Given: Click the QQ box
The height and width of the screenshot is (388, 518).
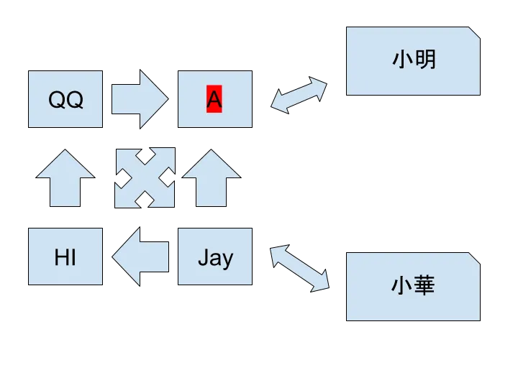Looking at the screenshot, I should (x=65, y=100).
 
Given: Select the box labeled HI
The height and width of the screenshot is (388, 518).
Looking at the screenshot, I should (x=65, y=257).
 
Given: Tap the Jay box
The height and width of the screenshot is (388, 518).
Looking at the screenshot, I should (x=215, y=257).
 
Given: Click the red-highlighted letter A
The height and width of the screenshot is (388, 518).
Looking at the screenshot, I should (x=214, y=99).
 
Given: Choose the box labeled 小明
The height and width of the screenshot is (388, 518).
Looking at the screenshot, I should (x=414, y=60).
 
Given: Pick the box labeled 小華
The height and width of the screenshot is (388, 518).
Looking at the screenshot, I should (x=414, y=287).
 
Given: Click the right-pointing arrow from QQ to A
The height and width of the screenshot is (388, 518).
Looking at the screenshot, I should (x=139, y=99).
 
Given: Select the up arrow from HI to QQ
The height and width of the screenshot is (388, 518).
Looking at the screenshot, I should (x=65, y=178).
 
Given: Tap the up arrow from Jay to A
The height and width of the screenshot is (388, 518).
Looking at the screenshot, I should (x=211, y=178).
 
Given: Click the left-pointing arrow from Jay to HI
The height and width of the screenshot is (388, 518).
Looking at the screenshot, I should (x=140, y=256).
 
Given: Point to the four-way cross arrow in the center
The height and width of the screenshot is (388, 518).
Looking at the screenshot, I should (x=145, y=178).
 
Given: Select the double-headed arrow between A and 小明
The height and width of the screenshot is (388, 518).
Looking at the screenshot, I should (x=299, y=95).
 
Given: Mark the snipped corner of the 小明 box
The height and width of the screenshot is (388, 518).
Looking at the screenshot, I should (x=475, y=33).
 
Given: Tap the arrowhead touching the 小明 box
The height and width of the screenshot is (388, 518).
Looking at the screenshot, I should (x=320, y=86).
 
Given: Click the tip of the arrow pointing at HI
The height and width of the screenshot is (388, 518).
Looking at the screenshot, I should (x=114, y=256).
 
